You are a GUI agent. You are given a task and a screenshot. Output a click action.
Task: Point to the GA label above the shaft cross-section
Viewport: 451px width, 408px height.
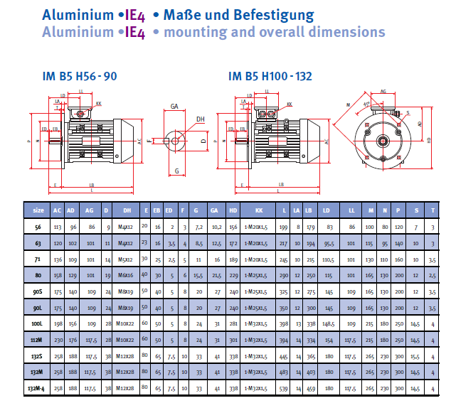(x=174, y=106)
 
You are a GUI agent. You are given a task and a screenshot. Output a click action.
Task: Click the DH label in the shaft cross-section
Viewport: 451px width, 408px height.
(x=201, y=119)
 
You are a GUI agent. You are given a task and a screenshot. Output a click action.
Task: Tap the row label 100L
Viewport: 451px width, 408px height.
(x=38, y=324)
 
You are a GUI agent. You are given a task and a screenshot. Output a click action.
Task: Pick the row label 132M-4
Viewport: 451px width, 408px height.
(x=38, y=389)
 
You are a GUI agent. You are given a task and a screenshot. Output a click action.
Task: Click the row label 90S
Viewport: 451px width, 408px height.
(x=38, y=291)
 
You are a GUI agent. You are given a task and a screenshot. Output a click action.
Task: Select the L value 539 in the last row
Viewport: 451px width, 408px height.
(x=284, y=389)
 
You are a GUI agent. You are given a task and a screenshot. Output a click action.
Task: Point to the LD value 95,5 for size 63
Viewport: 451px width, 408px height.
(x=329, y=242)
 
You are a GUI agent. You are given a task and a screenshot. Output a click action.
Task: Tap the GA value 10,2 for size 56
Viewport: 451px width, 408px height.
(x=215, y=226)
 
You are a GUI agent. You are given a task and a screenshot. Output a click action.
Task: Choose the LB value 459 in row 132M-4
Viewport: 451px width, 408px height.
(x=309, y=389)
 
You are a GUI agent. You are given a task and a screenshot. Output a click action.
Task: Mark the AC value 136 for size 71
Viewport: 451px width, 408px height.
(x=57, y=259)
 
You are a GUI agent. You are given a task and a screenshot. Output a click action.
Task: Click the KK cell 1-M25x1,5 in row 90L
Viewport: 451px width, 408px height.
(x=255, y=308)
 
